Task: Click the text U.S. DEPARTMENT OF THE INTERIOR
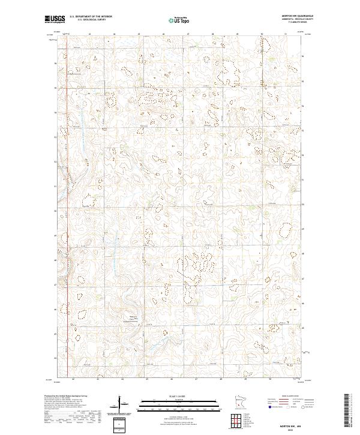[x=91, y=17]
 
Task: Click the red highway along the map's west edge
[x=66, y=240]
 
